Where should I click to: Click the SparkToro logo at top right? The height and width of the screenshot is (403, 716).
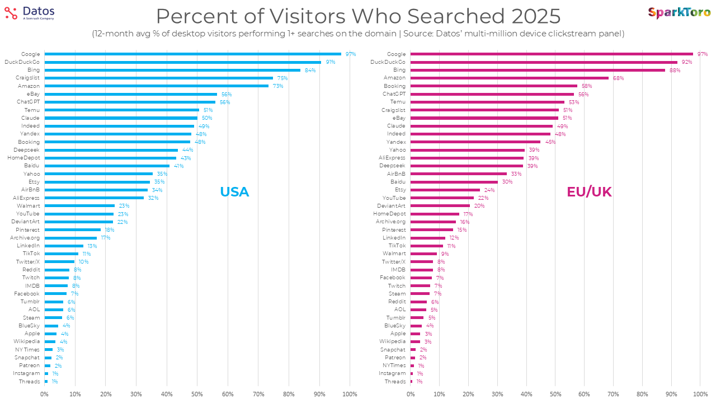point(679,12)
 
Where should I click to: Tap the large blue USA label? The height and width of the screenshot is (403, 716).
point(234,192)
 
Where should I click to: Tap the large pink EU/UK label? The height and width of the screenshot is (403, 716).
point(589,192)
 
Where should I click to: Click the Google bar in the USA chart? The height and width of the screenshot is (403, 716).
point(192,54)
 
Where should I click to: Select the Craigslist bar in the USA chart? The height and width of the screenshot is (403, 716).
point(158,78)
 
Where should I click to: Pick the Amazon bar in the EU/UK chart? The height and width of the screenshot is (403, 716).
point(509,78)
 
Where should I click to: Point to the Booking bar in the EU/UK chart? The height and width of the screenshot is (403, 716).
point(494,86)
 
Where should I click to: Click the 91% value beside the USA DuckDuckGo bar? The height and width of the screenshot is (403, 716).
point(330,62)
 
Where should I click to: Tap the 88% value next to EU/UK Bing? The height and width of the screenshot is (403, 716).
point(675,70)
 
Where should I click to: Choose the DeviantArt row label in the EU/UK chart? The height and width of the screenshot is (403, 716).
point(391,206)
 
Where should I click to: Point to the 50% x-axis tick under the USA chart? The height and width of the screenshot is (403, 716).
point(197,395)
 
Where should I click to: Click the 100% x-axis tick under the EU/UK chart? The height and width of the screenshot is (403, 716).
point(700,395)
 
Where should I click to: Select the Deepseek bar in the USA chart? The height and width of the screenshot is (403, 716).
point(111,150)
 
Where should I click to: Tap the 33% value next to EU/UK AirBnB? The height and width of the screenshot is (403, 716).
point(516,174)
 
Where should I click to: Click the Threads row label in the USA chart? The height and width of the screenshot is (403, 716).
point(30,382)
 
